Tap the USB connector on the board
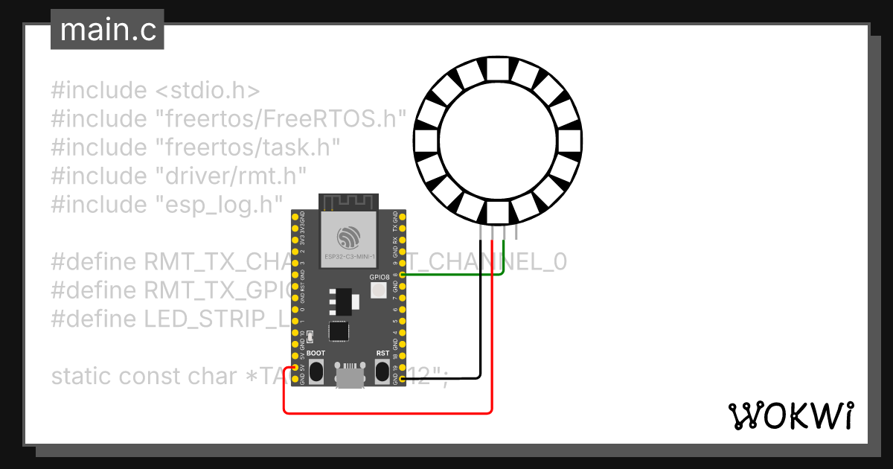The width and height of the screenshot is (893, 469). click(x=349, y=377)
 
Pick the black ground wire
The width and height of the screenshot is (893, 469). click(x=480, y=313)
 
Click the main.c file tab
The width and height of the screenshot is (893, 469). click(x=107, y=30)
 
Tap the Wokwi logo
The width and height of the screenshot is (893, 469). click(x=790, y=415)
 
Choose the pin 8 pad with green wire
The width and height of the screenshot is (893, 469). click(x=403, y=275)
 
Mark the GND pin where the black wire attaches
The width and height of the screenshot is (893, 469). click(x=403, y=380)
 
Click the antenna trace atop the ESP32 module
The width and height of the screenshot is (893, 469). click(x=348, y=202)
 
